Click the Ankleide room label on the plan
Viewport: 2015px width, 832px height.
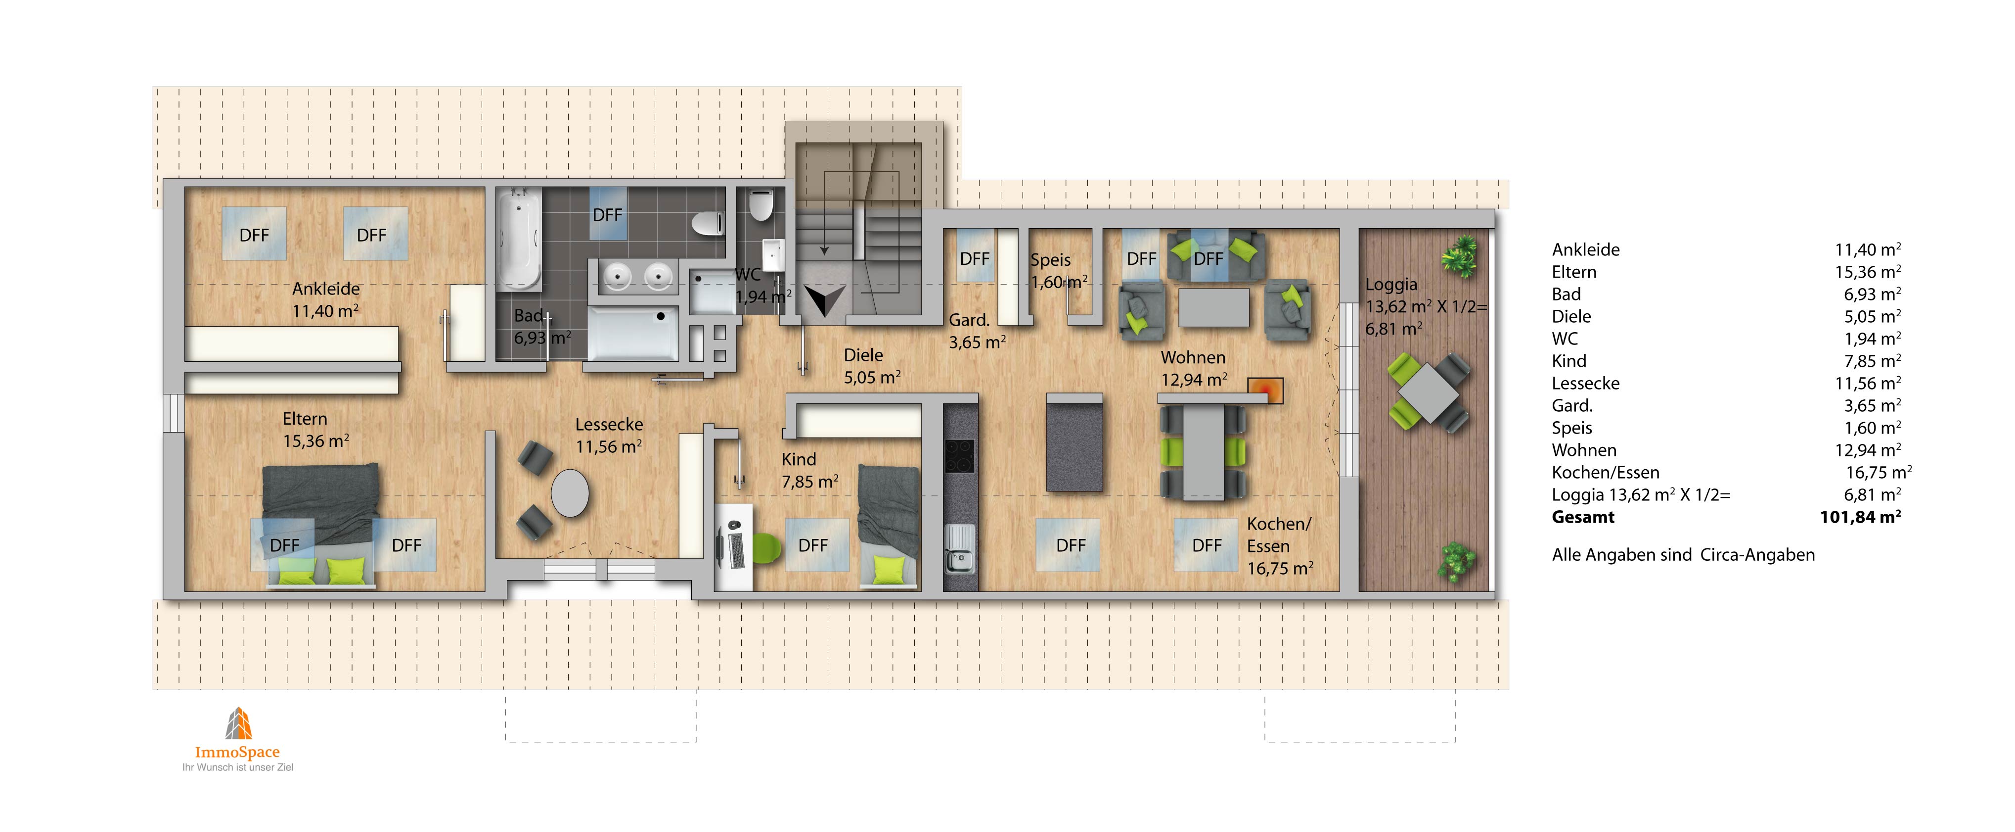pyautogui.click(x=325, y=289)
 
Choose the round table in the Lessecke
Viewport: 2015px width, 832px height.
pyautogui.click(x=570, y=492)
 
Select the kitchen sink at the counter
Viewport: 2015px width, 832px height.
pyautogui.click(x=960, y=549)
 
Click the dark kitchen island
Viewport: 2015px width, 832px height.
pyautogui.click(x=1075, y=443)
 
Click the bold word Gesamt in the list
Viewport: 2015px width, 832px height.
pyautogui.click(x=1583, y=517)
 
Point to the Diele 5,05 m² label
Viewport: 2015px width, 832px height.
pyautogui.click(x=872, y=366)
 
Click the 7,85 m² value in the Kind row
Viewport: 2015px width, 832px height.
pyautogui.click(x=1868, y=361)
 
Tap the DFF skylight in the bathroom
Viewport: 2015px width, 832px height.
pyautogui.click(x=607, y=214)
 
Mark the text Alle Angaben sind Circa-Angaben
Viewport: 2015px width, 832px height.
pyautogui.click(x=1683, y=555)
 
